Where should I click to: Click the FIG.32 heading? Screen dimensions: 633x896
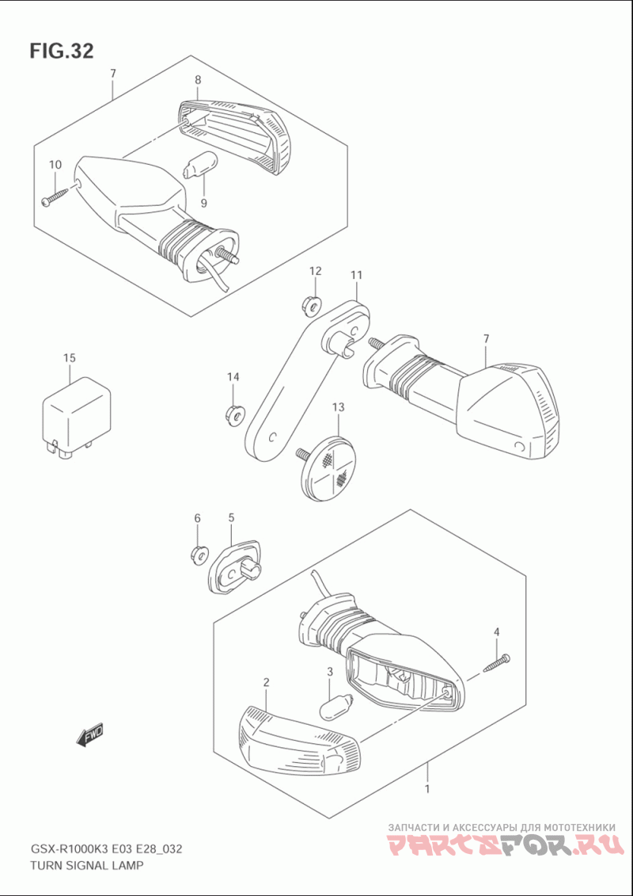tap(62, 51)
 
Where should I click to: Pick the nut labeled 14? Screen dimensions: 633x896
tap(233, 414)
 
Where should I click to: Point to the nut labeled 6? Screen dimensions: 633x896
tap(198, 555)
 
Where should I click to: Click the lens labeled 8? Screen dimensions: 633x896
tap(234, 137)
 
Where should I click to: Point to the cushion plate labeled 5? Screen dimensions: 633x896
tap(233, 567)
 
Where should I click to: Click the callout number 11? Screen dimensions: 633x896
tap(356, 275)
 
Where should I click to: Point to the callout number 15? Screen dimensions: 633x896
tap(69, 358)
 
